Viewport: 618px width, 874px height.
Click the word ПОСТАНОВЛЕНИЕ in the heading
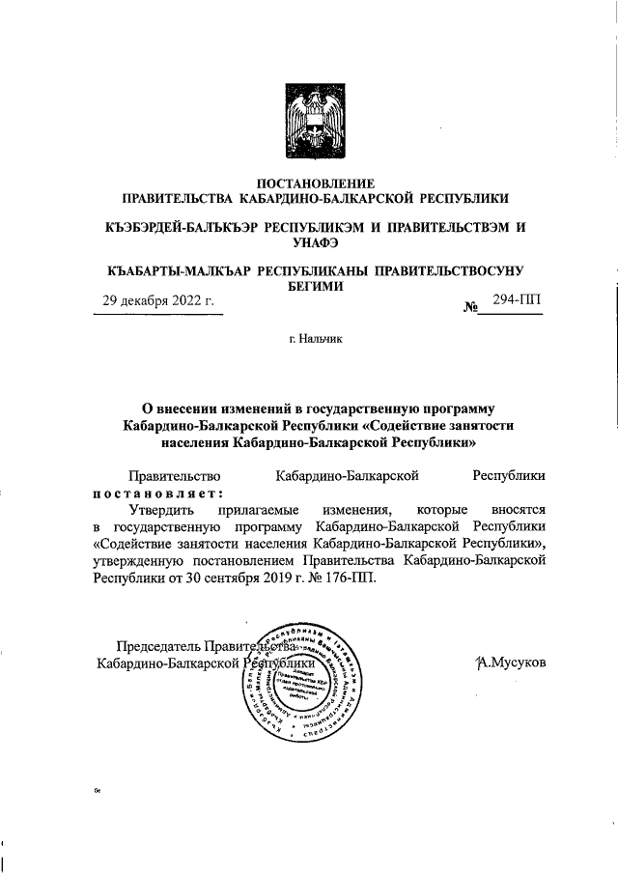point(309,183)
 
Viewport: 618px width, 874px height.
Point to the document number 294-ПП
point(517,301)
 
